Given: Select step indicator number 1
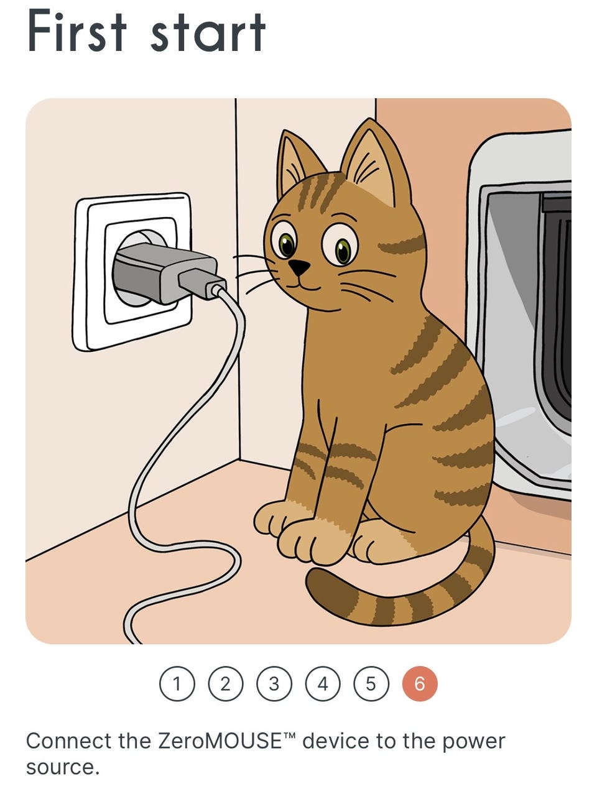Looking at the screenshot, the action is point(177,684).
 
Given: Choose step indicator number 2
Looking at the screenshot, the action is point(226,684).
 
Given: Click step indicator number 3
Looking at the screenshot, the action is point(274,684).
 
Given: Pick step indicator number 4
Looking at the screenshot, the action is point(323,684).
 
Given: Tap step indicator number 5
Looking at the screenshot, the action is point(371,684).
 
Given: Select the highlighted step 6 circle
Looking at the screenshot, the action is point(420,684).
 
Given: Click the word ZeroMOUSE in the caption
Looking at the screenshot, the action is point(220,741).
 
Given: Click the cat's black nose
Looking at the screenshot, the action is point(299,267).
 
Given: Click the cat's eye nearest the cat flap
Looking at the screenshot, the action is point(340,246).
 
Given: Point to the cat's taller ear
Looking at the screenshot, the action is point(375,163).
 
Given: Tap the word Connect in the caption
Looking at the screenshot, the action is point(69,741).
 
